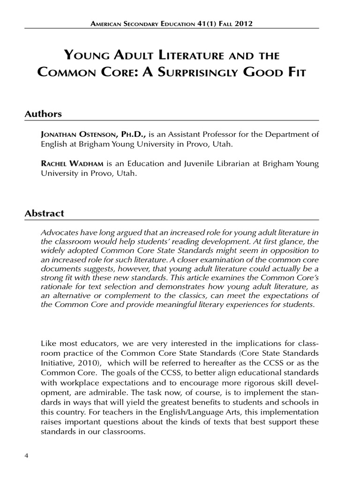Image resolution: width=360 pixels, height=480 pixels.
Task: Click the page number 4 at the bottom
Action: click(x=26, y=457)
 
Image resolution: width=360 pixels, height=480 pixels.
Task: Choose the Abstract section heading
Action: click(x=44, y=213)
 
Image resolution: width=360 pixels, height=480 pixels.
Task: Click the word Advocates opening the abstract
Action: click(x=60, y=232)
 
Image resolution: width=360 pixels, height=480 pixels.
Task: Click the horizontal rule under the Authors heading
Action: click(x=172, y=120)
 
